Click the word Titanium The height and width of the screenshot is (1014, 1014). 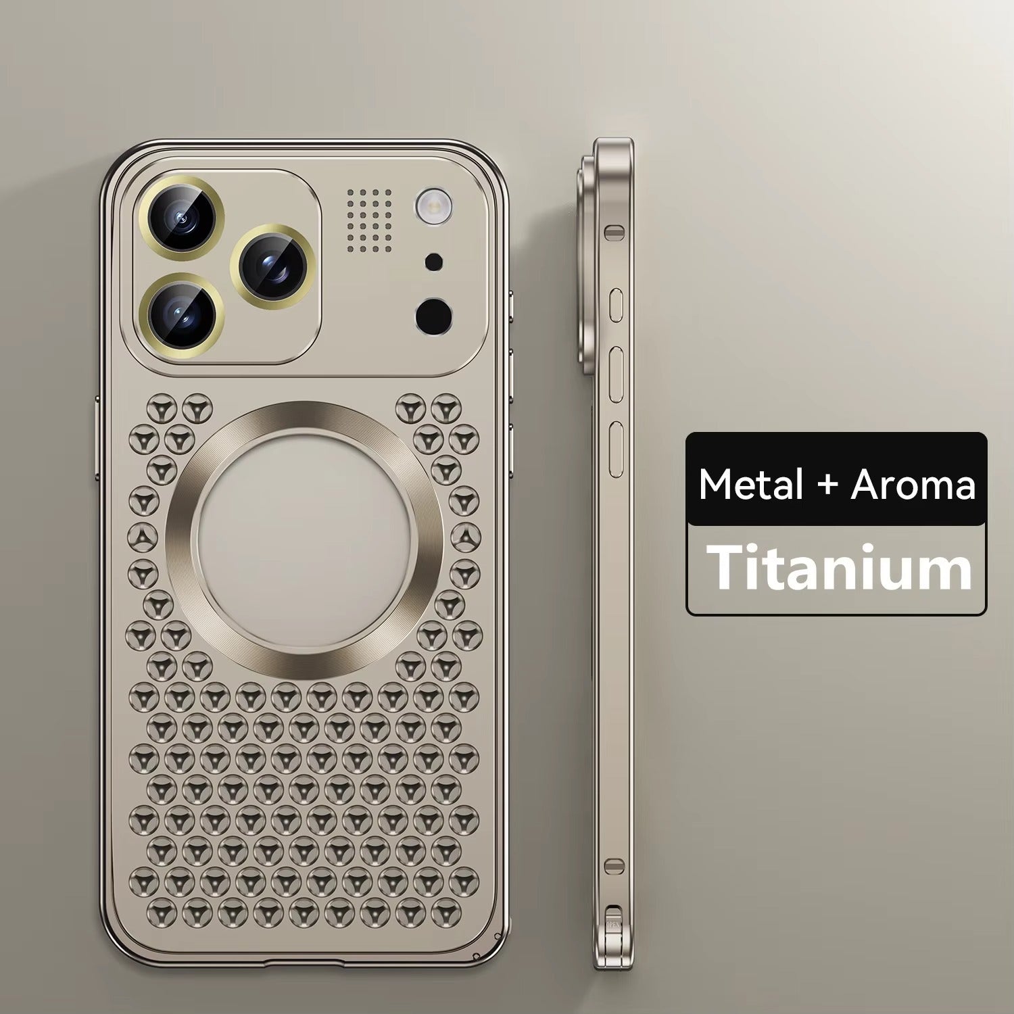pyautogui.click(x=838, y=569)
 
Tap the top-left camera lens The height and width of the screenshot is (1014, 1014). pyautogui.click(x=181, y=214)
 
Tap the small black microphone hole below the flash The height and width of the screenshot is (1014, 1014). pyautogui.click(x=433, y=261)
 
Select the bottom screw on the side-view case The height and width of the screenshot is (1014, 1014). pyautogui.click(x=614, y=865)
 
